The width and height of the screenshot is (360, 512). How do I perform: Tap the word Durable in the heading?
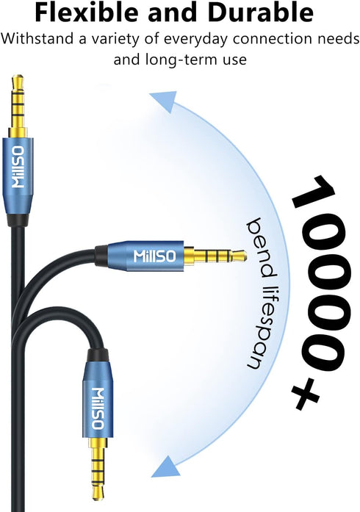(260, 12)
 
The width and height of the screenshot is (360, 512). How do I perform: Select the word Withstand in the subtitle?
(37, 39)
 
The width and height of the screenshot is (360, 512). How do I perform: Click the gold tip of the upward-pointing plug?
(18, 79)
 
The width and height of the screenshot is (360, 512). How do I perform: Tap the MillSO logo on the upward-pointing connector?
(18, 167)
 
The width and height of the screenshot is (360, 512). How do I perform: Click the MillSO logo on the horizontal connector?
(155, 256)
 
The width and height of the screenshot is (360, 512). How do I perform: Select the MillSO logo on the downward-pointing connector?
(98, 408)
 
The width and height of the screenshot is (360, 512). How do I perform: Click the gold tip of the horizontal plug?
(241, 256)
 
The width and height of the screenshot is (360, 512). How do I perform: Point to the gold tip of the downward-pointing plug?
(98, 495)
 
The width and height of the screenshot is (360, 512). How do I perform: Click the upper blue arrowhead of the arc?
(165, 101)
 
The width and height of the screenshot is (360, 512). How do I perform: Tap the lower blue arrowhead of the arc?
(166, 466)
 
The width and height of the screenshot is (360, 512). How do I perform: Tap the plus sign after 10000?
(305, 394)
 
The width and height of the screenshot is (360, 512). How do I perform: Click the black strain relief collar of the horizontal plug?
(101, 256)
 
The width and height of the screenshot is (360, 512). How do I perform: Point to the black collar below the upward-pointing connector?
(18, 220)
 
